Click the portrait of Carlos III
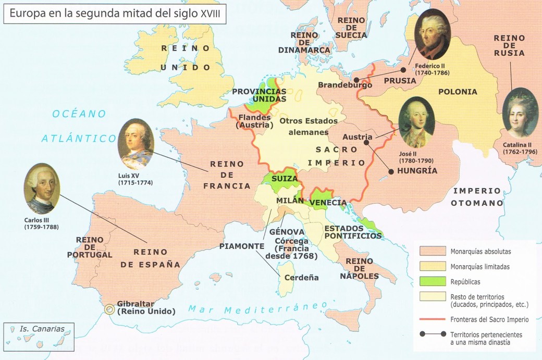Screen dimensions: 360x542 tap(42, 188)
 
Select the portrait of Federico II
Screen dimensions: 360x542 tap(432, 35)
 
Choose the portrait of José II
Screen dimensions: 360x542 tap(416, 122)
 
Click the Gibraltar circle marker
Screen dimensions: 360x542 tap(109, 308)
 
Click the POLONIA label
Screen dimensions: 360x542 tap(458, 92)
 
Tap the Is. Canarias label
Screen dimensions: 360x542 tap(39, 329)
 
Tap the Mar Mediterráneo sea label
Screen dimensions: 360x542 tap(258, 307)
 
